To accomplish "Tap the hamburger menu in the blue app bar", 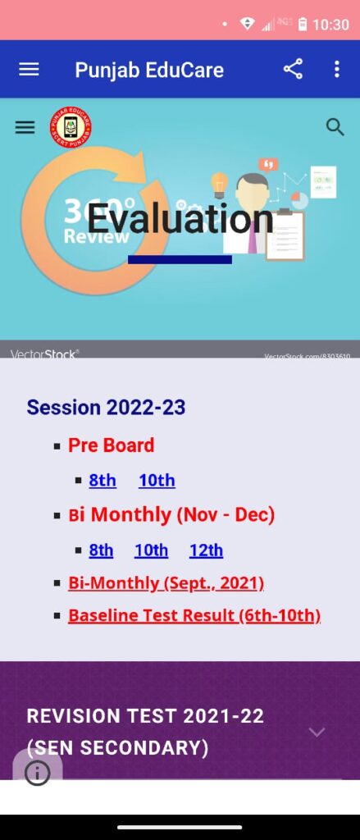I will [x=29, y=70].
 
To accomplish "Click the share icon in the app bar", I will [x=293, y=70].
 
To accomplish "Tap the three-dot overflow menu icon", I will [x=336, y=70].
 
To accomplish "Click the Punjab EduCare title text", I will [x=149, y=70].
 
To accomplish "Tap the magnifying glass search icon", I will [x=335, y=127].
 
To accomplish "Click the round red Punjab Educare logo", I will [x=71, y=128].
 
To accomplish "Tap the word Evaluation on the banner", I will [x=180, y=219].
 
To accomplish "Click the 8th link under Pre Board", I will [x=103, y=481].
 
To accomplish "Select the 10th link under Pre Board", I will [x=157, y=481].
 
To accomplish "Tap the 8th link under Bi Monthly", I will [x=101, y=550].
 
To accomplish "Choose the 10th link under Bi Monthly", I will [x=151, y=550].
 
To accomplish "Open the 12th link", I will [x=206, y=550].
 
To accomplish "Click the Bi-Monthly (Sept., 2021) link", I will [x=166, y=583].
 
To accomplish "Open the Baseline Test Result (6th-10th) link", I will [x=194, y=615].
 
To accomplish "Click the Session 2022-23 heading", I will [x=106, y=407].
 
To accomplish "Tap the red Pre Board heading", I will [x=111, y=445].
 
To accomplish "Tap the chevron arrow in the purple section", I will [x=317, y=732].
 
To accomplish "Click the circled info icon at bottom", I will [x=37, y=773].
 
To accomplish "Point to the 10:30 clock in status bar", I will [x=330, y=25].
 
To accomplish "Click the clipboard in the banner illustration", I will [x=285, y=235].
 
